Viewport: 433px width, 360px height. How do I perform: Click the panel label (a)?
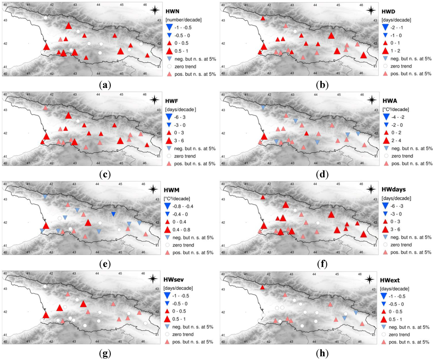104,85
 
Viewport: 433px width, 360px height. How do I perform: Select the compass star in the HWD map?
371,11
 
